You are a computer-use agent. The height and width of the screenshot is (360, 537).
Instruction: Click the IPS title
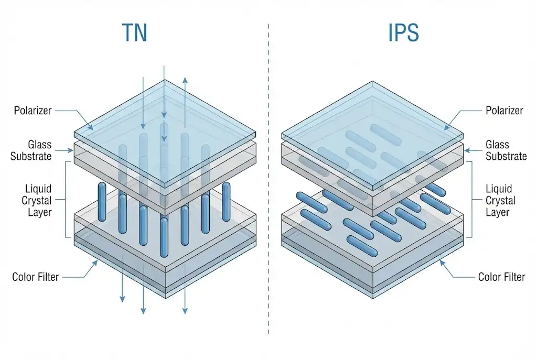(403, 32)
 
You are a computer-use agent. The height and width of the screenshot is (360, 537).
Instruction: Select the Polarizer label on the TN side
(33, 111)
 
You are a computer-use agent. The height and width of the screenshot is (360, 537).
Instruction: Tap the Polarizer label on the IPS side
(504, 111)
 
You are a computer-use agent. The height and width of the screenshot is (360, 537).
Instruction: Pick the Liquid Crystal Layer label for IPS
(500, 200)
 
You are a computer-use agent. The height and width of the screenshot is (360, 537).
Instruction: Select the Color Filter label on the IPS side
(501, 276)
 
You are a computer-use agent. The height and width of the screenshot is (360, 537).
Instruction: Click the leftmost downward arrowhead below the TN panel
(122, 299)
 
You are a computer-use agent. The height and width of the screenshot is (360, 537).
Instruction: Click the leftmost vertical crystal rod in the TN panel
(102, 202)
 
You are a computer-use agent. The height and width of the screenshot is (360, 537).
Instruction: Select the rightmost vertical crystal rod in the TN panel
(226, 201)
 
